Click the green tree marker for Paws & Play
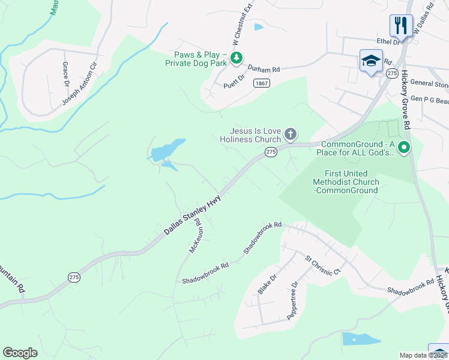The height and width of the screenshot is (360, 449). click(x=237, y=58)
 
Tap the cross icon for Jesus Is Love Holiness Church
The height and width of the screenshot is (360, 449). click(x=291, y=134)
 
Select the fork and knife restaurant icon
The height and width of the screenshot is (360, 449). click(x=400, y=26)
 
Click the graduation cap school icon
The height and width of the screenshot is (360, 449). click(x=371, y=61)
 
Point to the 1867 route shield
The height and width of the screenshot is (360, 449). click(x=261, y=83)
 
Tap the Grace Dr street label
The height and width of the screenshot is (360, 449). click(x=65, y=73)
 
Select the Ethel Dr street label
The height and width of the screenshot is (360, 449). click(x=388, y=41)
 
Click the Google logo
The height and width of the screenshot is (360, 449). click(x=20, y=353)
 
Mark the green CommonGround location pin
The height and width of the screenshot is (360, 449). click(x=405, y=147)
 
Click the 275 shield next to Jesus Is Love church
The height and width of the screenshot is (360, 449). click(x=271, y=152)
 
